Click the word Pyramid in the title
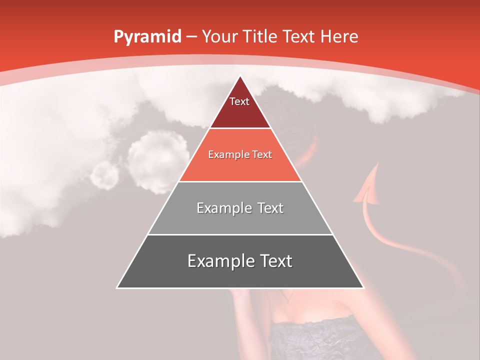click(147, 37)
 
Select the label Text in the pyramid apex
click(239, 101)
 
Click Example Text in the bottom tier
click(240, 261)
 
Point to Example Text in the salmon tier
click(240, 154)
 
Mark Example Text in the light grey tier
click(240, 208)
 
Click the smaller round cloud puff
click(105, 175)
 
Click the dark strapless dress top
click(320, 340)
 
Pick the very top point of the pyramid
click(240, 76)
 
